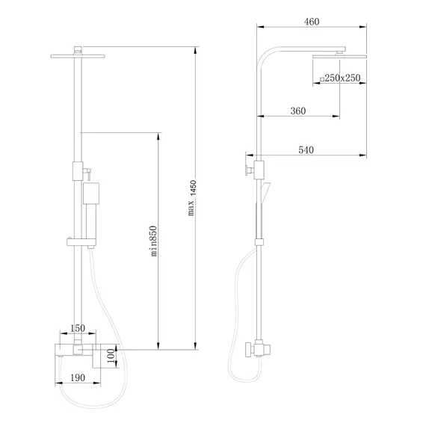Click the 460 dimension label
coord(312,22)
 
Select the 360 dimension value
coord(298,111)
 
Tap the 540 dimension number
coord(306,150)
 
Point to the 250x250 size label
coord(344,78)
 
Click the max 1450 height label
coord(193,199)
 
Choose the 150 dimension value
coord(78,329)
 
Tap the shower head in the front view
coord(78,54)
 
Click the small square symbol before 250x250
coord(322,78)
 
